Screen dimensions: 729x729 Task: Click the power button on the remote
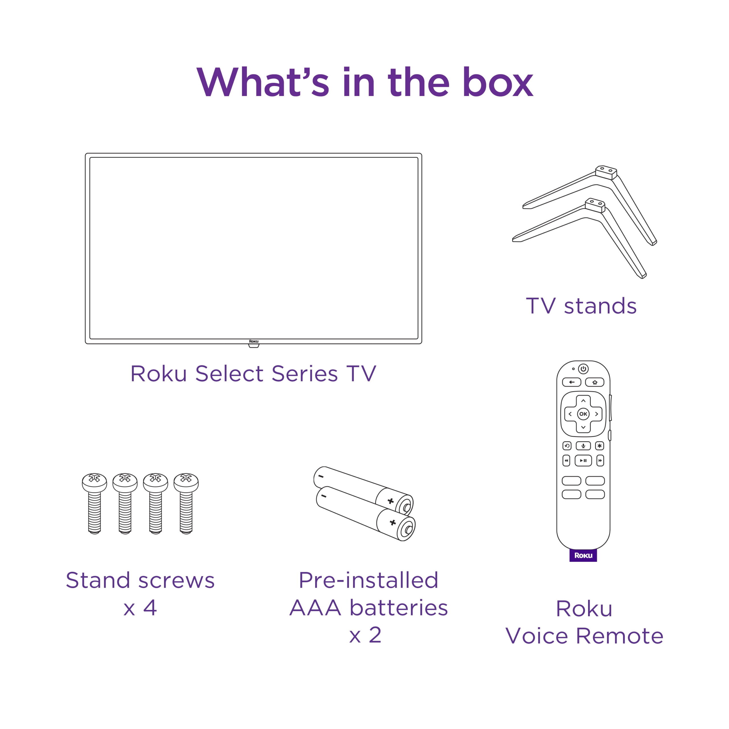coord(583,369)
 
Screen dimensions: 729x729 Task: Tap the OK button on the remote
coord(583,414)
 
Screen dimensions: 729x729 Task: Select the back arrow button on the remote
coord(572,382)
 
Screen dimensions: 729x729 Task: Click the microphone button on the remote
coord(583,446)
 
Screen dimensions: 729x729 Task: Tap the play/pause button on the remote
coord(583,460)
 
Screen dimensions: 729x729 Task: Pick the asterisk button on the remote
coord(600,446)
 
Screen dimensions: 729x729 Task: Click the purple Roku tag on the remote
coord(583,555)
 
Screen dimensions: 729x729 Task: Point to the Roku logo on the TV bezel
coord(253,341)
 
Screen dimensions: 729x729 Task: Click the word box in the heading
coord(498,83)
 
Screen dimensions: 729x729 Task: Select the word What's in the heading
coord(263,83)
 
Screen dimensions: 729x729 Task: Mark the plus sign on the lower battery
coord(392,522)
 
